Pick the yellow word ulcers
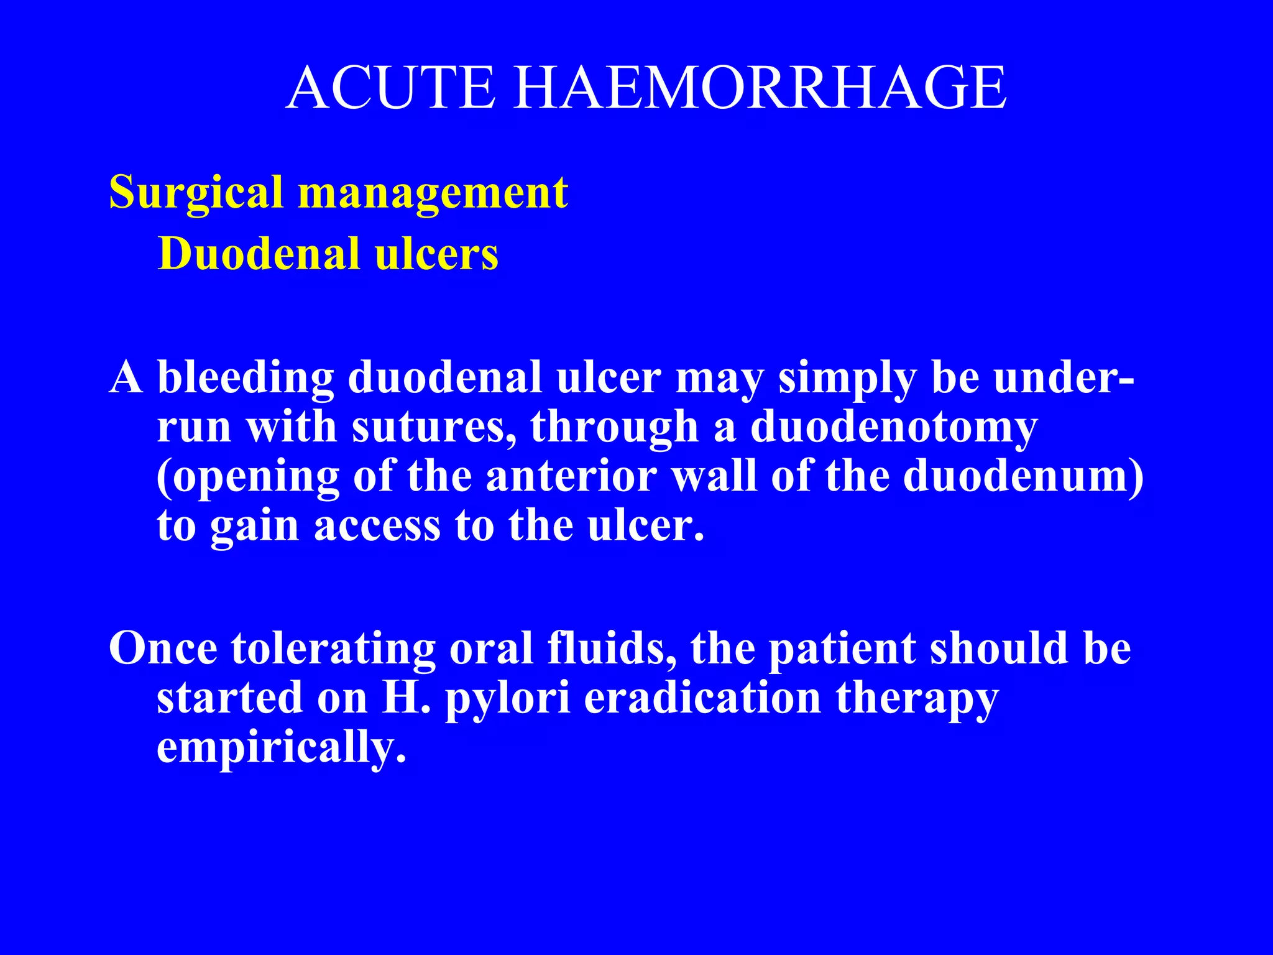[x=436, y=254]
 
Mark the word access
[x=377, y=526]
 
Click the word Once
[x=163, y=648]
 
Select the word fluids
[x=612, y=648]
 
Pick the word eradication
[x=702, y=698]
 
